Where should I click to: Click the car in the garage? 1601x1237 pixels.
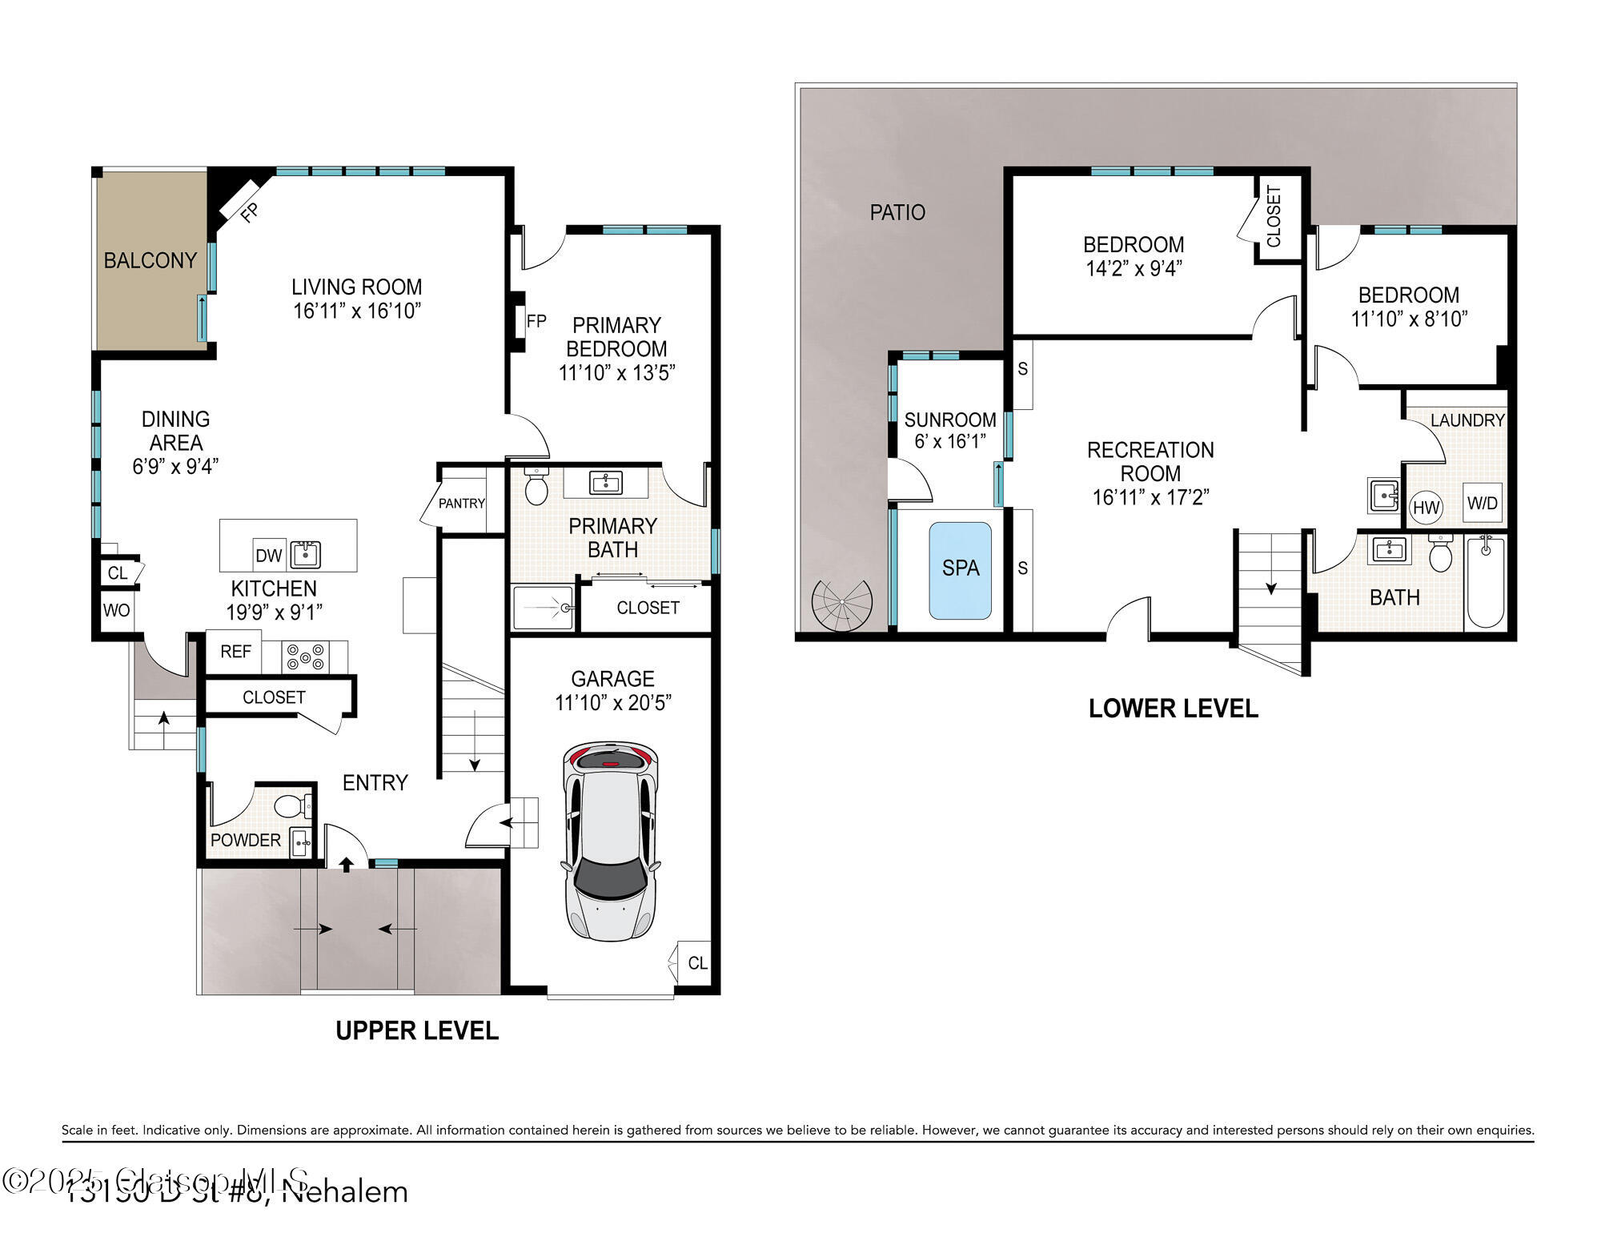click(x=611, y=841)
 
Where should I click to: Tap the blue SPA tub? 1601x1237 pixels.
click(x=960, y=569)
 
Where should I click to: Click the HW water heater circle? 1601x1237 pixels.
click(x=1426, y=507)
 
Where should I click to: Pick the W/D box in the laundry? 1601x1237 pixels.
click(x=1482, y=503)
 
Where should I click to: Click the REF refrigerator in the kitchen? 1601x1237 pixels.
click(x=235, y=651)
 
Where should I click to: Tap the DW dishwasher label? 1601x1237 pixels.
click(x=268, y=555)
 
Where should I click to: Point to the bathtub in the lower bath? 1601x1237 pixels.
click(x=1486, y=583)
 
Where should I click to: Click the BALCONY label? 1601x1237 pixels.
click(x=150, y=260)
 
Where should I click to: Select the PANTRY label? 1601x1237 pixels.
click(x=461, y=504)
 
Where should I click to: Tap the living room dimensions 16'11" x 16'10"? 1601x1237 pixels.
click(x=356, y=311)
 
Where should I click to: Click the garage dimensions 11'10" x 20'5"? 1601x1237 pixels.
click(x=612, y=702)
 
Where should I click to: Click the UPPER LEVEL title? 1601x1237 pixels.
click(x=416, y=1030)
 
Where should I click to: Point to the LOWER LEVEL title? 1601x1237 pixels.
click(x=1173, y=708)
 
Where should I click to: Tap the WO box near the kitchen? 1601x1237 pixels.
click(x=116, y=610)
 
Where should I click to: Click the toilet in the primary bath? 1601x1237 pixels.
click(x=536, y=486)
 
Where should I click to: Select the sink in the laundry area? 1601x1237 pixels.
click(x=1382, y=496)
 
